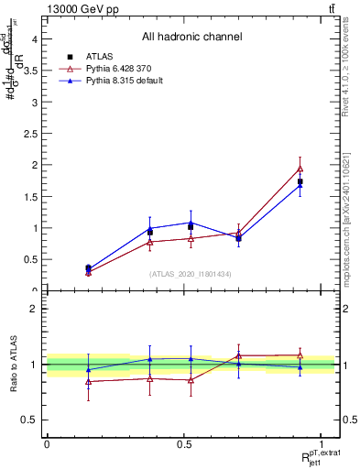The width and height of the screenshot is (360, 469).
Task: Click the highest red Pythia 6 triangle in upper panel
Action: (300, 169)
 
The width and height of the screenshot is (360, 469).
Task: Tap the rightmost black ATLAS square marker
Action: (300, 181)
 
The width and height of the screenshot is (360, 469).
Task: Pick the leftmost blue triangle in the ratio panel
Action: (88, 370)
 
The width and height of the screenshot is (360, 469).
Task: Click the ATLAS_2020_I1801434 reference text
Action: (191, 274)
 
